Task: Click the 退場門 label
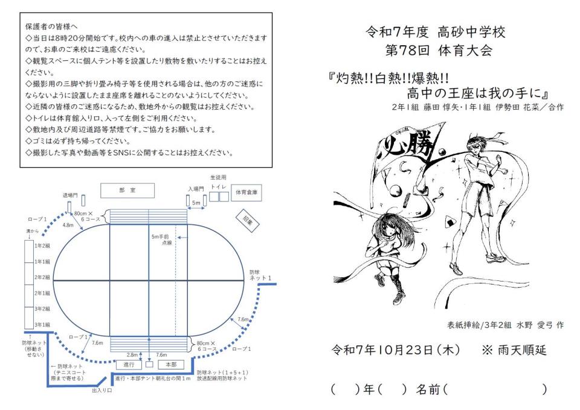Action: pos(71,195)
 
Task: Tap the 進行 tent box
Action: pos(129,365)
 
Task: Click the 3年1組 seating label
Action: pos(42,324)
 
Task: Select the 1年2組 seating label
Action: pos(42,247)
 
